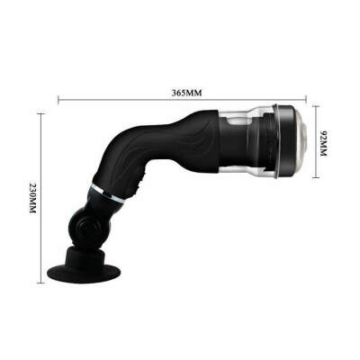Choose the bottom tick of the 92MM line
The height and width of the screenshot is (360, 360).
coord(317,178)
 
